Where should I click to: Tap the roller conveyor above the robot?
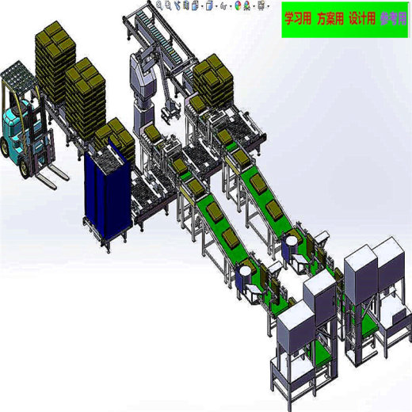tap(163, 36)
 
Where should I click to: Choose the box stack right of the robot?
tap(211, 79)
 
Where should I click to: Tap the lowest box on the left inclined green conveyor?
tap(227, 238)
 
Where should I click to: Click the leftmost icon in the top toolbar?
tap(158, 5)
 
